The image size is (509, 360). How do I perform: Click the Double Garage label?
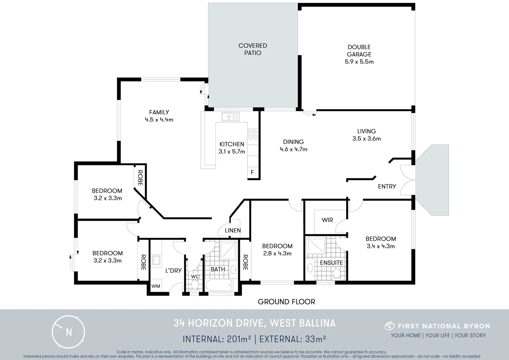(359, 51)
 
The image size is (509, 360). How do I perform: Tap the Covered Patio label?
(253, 49)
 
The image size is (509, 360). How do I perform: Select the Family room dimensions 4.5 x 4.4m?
(159, 120)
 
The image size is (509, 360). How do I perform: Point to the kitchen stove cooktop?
(253, 134)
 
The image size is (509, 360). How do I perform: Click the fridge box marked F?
(252, 172)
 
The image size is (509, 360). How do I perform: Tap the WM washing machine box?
(156, 286)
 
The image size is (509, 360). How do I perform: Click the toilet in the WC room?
(195, 285)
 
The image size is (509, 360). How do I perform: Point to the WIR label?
(327, 220)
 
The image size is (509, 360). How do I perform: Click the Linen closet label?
(233, 230)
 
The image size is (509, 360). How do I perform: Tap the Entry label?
(387, 186)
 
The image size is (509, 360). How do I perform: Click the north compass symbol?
(68, 332)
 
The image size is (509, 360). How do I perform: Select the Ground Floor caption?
(286, 302)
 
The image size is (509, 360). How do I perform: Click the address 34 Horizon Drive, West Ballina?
(254, 323)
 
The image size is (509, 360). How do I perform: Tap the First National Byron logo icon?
(389, 326)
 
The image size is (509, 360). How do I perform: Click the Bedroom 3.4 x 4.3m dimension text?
(380, 246)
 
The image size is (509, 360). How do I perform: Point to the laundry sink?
(156, 261)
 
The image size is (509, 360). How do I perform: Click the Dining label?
(293, 142)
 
